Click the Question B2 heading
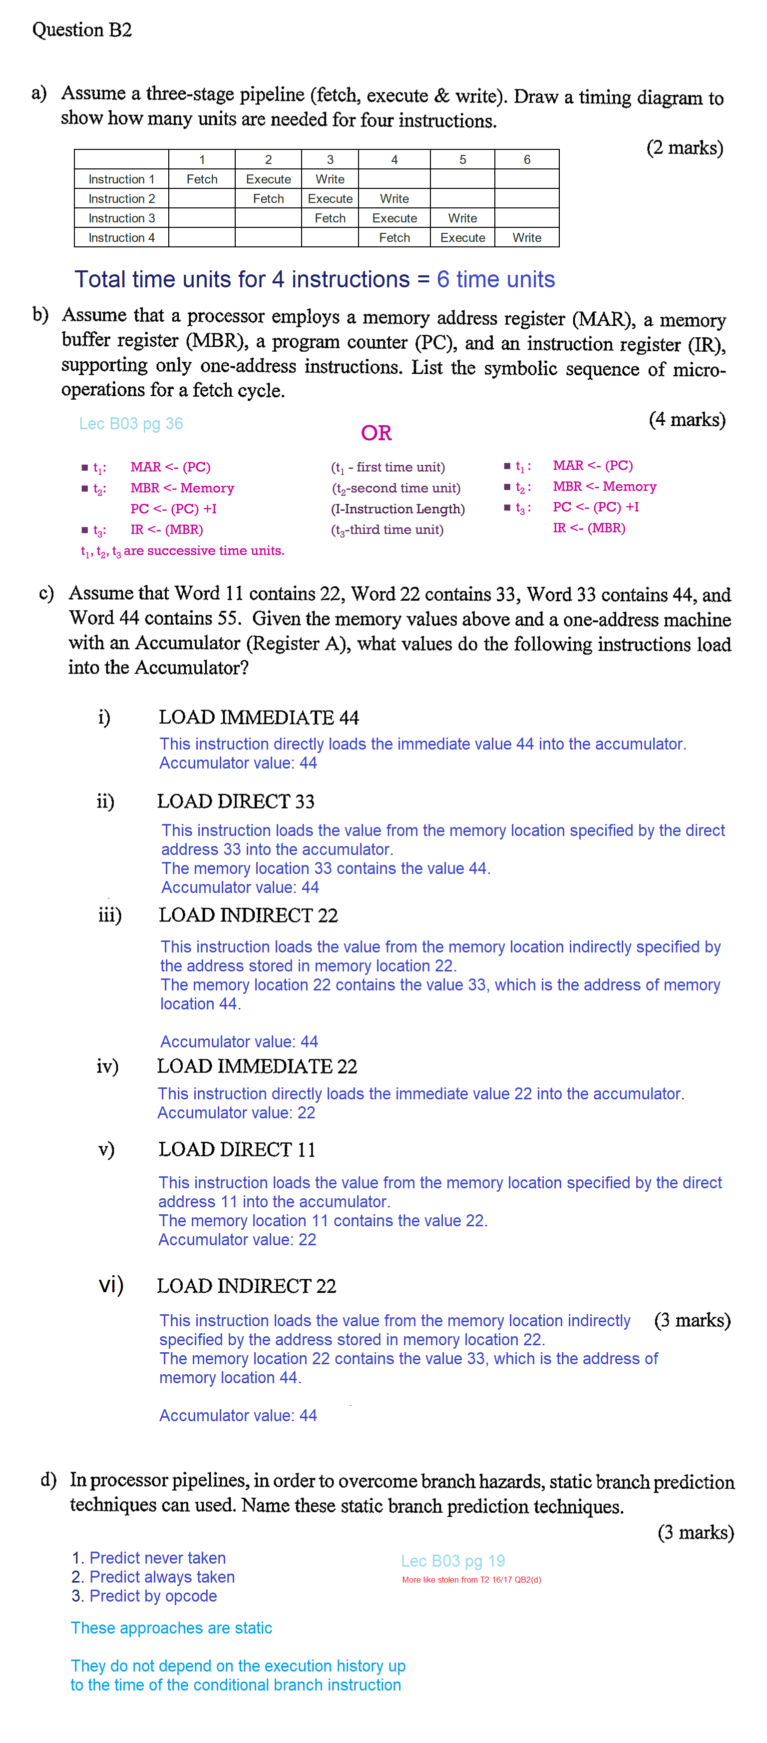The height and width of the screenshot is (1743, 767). pos(82,30)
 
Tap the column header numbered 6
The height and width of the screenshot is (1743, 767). pos(526,160)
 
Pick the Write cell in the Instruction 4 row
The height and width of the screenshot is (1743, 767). pos(526,237)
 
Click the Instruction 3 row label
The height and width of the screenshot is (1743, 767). pos(122,218)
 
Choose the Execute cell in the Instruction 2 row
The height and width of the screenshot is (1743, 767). pos(330,199)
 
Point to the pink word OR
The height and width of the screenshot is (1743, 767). pos(376,433)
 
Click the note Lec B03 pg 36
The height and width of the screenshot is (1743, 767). pos(130,424)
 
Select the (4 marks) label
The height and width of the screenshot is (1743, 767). pos(687,420)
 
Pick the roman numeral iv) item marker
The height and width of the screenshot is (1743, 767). pos(107,1066)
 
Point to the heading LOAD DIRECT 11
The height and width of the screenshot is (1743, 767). pos(237,1150)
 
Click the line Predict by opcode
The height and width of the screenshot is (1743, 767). pos(153,1596)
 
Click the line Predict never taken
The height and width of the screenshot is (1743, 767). pos(157,1558)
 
